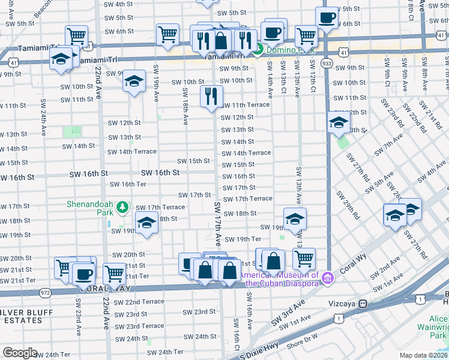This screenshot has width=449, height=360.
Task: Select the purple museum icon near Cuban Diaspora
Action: [327, 277]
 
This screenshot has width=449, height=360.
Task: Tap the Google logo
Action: [20, 353]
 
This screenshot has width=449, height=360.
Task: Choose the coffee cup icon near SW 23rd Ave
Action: [83, 274]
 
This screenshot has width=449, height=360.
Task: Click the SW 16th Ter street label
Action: [122, 184]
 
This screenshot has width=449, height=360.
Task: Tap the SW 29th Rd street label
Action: [349, 204]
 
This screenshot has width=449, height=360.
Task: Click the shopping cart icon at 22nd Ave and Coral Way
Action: [114, 273]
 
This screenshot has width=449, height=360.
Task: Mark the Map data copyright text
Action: [423, 355]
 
